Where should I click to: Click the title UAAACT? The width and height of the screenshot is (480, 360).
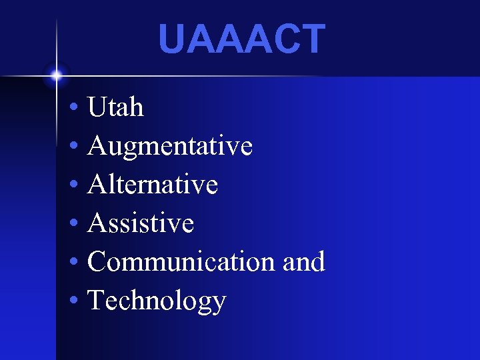click(x=241, y=39)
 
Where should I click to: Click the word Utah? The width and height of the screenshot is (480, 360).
click(x=115, y=107)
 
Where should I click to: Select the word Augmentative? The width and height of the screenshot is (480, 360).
click(x=169, y=146)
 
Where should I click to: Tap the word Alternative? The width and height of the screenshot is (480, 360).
click(x=153, y=185)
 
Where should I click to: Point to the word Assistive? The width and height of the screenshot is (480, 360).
click(x=141, y=223)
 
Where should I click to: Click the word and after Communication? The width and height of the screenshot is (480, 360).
click(x=304, y=262)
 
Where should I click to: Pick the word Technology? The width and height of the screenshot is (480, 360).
click(x=157, y=301)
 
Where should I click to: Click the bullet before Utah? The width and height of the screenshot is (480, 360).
click(x=73, y=108)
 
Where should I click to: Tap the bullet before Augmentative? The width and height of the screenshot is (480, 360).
click(x=73, y=147)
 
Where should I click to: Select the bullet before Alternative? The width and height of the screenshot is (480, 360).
click(x=73, y=185)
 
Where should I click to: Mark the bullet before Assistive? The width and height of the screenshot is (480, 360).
click(x=73, y=224)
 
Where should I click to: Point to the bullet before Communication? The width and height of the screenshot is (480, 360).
click(x=73, y=263)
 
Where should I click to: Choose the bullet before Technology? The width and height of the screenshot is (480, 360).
click(x=73, y=301)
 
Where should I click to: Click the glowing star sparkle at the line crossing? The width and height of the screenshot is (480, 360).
click(x=57, y=75)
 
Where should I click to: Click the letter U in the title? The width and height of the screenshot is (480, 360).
click(x=172, y=39)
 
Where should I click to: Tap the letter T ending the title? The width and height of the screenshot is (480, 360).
click(x=312, y=39)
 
